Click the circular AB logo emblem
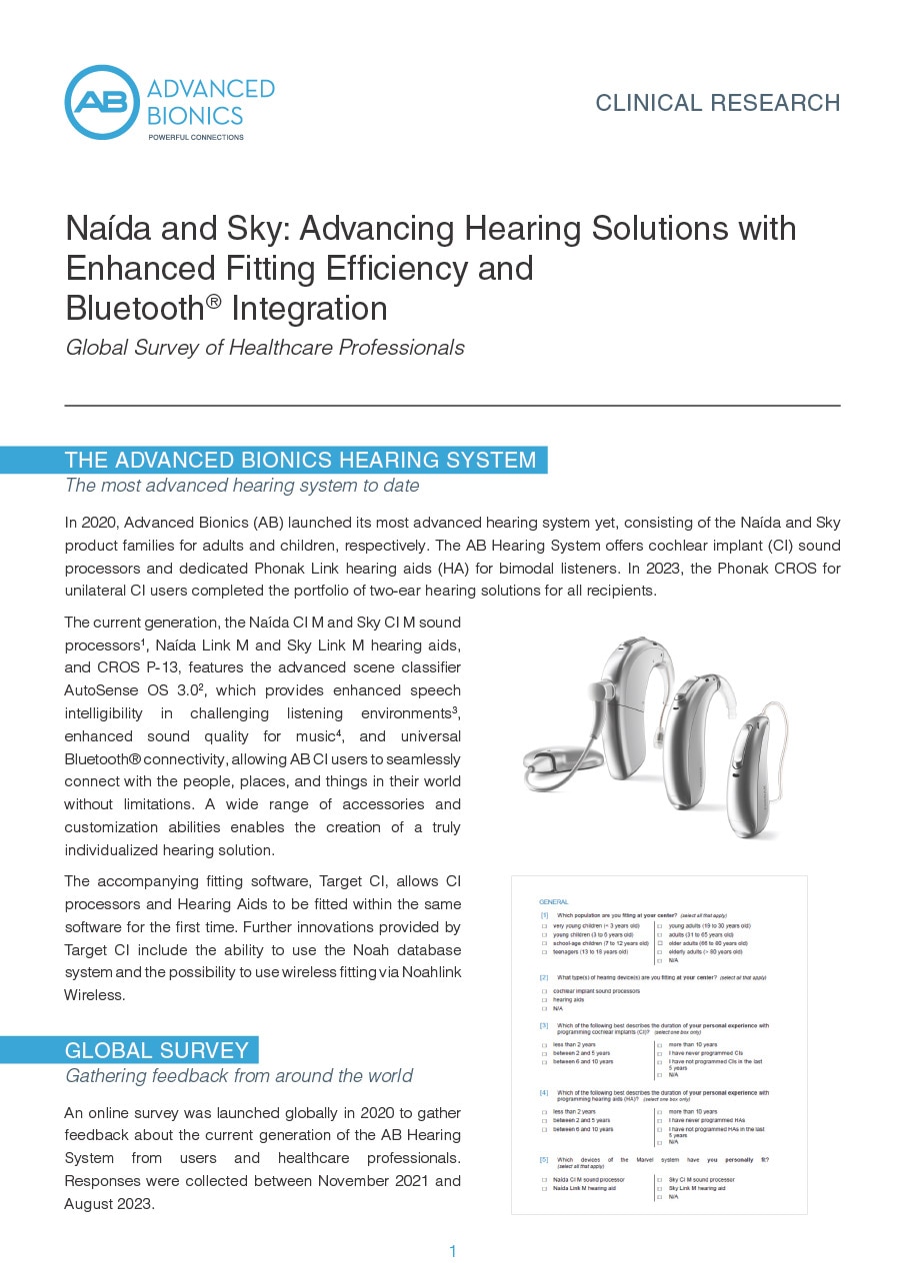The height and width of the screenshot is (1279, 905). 102,103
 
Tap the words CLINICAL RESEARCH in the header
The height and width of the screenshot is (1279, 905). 717,103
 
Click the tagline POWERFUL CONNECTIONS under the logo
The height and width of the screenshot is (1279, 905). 195,137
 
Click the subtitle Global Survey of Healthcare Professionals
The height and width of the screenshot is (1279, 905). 264,348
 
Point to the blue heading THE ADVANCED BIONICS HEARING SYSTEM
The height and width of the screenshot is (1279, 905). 300,461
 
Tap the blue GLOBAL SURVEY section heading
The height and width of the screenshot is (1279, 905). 157,1050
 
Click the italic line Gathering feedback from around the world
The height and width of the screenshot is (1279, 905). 238,1076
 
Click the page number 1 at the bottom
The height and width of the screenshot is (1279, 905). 453,1251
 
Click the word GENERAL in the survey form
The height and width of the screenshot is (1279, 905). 553,902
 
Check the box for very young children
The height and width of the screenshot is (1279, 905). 543,926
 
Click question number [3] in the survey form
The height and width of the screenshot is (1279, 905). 544,1025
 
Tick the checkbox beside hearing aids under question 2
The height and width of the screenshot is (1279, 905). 543,999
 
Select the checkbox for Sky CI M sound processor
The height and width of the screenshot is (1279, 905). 659,1180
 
